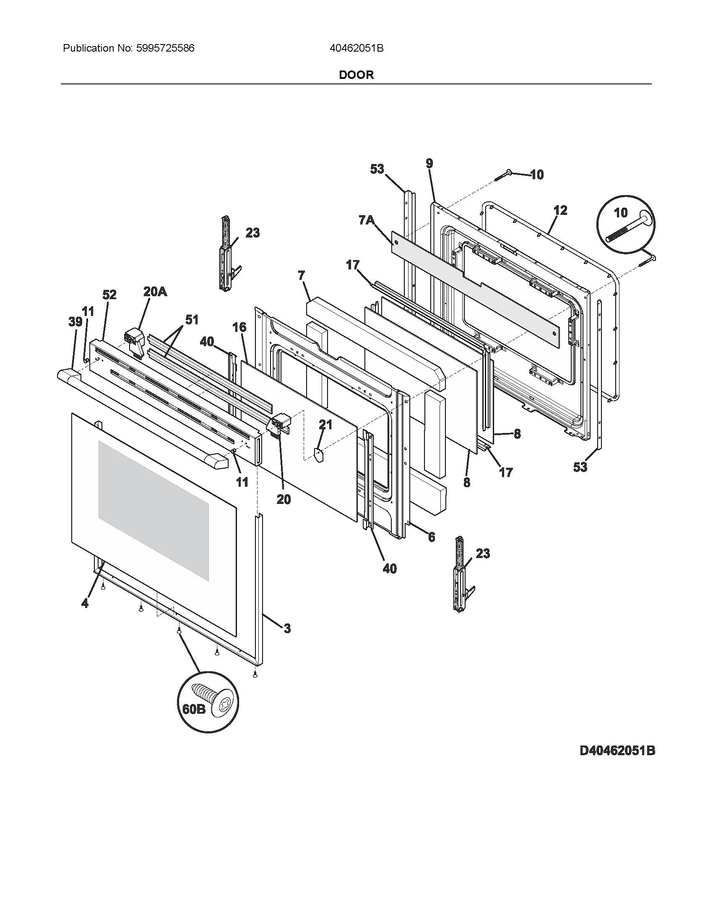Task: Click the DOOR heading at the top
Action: point(356,75)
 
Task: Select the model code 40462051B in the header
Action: point(356,48)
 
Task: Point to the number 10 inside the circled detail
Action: point(620,213)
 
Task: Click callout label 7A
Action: point(366,220)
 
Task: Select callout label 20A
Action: point(155,291)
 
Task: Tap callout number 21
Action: point(325,425)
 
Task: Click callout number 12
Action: point(560,210)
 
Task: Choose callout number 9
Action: point(429,164)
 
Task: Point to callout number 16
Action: point(239,327)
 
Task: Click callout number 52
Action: point(109,295)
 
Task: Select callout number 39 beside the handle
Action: point(75,322)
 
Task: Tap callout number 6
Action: point(431,537)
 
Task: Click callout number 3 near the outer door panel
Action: point(287,628)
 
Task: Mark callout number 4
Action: point(85,603)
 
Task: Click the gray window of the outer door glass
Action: point(154,510)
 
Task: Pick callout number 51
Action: point(192,320)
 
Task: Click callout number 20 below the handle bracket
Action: point(284,499)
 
